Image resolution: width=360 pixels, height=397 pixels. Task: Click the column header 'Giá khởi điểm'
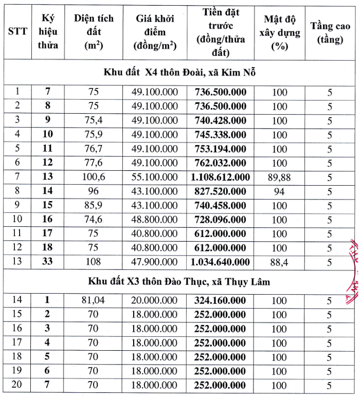click(x=155, y=32)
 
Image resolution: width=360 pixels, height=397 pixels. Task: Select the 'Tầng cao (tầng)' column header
click(x=330, y=32)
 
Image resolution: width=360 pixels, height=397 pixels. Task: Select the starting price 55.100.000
click(x=154, y=177)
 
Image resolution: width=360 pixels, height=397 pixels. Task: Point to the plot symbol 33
click(x=48, y=262)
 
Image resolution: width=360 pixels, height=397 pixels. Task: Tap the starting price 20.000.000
click(x=154, y=300)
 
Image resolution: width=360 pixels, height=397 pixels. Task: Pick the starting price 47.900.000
click(x=154, y=262)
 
